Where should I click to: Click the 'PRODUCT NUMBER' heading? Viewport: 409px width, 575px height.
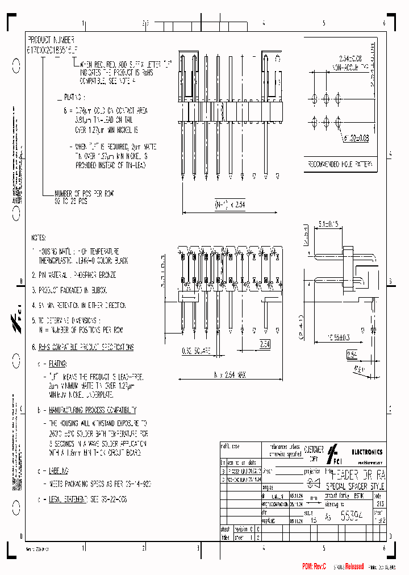pos(51,40)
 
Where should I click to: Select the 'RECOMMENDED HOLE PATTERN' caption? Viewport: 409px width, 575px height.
pos(340,165)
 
